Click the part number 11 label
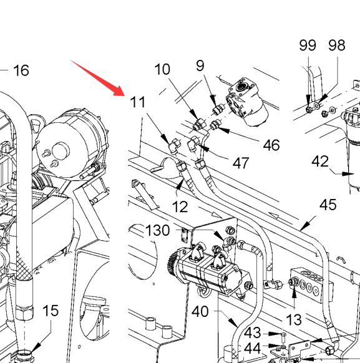point(138,102)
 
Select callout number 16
point(21,70)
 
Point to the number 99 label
point(308,45)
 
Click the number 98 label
point(337,45)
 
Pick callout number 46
point(271,145)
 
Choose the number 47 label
point(241,163)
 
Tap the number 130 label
point(158,230)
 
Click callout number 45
point(328,205)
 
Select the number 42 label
point(320,162)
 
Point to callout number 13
point(294,320)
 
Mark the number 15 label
point(51,310)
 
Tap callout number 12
point(180,206)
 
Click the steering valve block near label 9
point(246,102)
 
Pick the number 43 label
point(252,333)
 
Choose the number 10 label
point(162,69)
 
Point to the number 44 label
point(252,348)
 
